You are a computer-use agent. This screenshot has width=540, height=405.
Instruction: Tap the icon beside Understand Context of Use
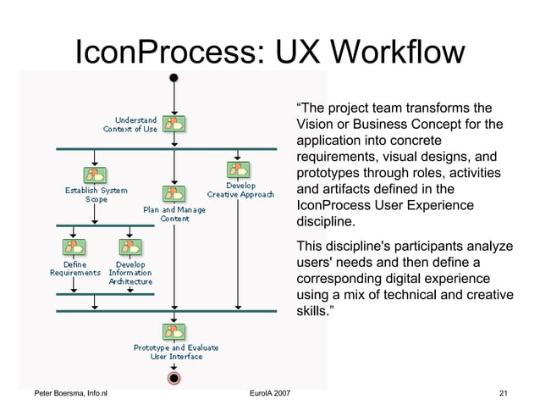pyautogui.click(x=174, y=124)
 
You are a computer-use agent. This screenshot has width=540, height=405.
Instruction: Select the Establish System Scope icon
pyautogui.click(x=95, y=175)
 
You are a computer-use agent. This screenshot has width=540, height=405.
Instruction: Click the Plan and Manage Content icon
pyautogui.click(x=174, y=194)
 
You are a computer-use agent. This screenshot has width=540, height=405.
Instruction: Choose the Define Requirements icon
pyautogui.click(x=75, y=247)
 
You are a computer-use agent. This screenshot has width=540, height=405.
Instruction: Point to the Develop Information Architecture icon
pyautogui.click(x=129, y=247)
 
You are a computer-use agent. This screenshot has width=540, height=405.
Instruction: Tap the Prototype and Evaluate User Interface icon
pyautogui.click(x=174, y=331)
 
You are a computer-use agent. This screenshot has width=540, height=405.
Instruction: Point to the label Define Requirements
pyautogui.click(x=75, y=269)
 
